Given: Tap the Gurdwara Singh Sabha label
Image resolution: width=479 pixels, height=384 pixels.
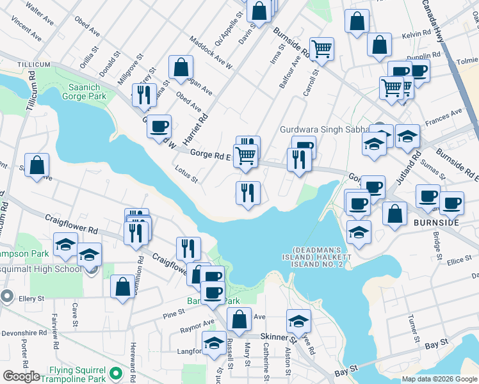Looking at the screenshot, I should pyautogui.click(x=320, y=129).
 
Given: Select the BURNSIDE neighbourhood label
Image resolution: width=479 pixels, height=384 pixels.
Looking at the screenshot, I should pyautogui.click(x=436, y=222).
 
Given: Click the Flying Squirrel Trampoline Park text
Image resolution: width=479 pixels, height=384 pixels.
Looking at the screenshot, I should pyautogui.click(x=65, y=372).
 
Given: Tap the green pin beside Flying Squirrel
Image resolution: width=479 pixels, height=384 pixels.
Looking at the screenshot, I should pyautogui.click(x=116, y=372).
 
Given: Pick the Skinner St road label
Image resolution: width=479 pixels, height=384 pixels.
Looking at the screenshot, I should pyautogui.click(x=277, y=337).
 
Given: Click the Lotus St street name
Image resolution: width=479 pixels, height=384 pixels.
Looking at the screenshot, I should pyautogui.click(x=186, y=173).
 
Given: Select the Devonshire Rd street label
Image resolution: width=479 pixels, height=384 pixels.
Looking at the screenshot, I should pyautogui.click(x=24, y=333).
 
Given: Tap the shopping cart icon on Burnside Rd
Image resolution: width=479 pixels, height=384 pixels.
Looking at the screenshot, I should pyautogui.click(x=322, y=47).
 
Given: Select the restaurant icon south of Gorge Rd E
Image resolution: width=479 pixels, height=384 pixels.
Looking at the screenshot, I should pyautogui.click(x=248, y=192).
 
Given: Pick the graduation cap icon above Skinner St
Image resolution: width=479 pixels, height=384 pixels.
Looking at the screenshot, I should pyautogui.click(x=298, y=320).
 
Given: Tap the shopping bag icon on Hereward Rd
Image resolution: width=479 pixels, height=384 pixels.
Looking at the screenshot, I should pyautogui.click(x=122, y=286).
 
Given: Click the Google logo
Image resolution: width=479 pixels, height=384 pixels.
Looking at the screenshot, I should pyautogui.click(x=21, y=376).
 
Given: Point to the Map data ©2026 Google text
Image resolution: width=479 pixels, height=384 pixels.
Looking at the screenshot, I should pyautogui.click(x=439, y=379).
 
